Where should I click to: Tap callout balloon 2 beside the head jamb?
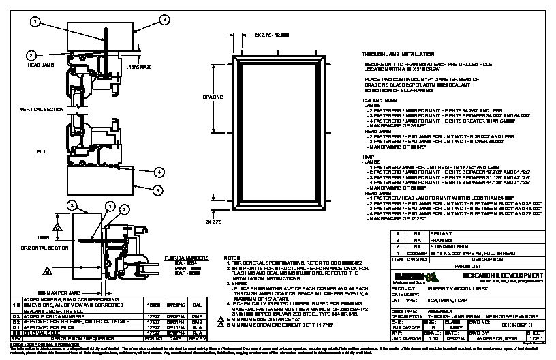click(31, 55)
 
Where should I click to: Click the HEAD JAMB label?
click(37, 65)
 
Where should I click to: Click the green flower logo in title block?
click(430, 275)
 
